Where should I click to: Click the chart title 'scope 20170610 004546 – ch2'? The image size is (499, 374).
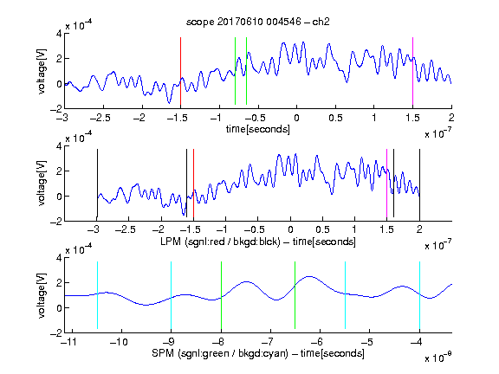click(x=258, y=22)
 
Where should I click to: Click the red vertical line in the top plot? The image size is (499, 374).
click(x=180, y=71)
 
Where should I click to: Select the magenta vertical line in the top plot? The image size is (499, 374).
click(x=412, y=71)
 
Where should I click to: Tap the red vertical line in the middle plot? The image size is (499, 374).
click(x=193, y=184)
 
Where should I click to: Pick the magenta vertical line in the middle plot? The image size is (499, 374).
click(x=386, y=184)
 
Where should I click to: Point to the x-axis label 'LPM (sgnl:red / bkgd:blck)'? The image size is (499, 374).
click(x=220, y=242)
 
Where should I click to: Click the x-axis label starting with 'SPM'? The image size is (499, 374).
click(x=258, y=353)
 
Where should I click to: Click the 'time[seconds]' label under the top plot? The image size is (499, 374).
click(x=258, y=130)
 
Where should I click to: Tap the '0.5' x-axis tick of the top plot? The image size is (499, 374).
click(x=335, y=118)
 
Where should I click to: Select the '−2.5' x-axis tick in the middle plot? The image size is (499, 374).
click(x=126, y=229)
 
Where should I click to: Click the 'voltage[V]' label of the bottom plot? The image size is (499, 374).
click(x=42, y=295)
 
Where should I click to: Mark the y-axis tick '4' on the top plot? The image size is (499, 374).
click(x=59, y=34)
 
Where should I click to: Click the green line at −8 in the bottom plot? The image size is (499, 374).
click(x=221, y=295)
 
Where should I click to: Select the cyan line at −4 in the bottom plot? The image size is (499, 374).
click(x=420, y=295)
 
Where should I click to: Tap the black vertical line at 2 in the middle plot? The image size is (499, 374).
click(x=420, y=184)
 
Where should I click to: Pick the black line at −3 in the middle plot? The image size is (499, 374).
click(x=97, y=184)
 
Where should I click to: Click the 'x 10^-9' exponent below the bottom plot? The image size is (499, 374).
click(x=437, y=358)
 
